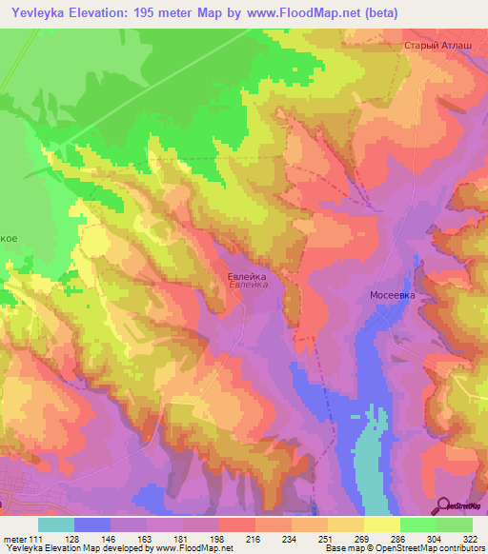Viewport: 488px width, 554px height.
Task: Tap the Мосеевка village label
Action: tap(392, 296)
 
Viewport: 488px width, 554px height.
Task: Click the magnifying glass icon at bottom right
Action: tap(442, 505)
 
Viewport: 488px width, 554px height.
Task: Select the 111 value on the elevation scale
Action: tap(35, 540)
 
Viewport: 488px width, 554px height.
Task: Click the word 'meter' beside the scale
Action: tap(13, 540)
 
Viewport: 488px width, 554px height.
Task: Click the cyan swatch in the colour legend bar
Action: tap(56, 524)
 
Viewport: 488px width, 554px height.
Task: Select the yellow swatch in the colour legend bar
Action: tap(381, 524)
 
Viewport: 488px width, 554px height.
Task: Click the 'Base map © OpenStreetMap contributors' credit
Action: tap(403, 549)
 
